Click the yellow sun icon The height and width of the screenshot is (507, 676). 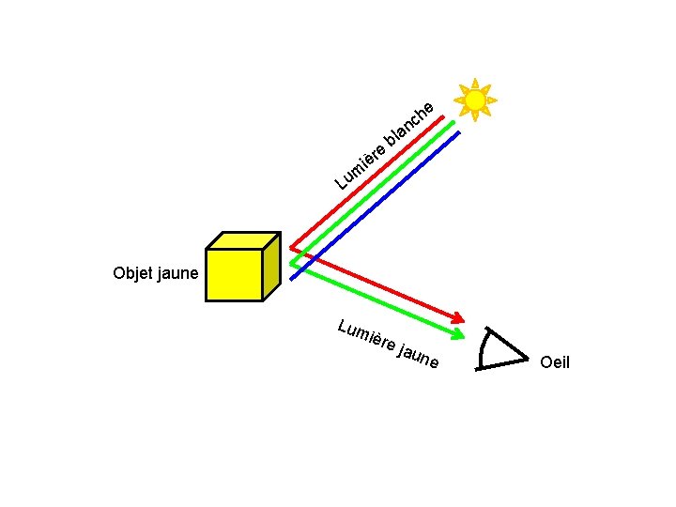(x=475, y=100)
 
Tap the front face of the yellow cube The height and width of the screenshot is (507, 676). (x=233, y=274)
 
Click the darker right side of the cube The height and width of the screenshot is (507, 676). (x=270, y=267)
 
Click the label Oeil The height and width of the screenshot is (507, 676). (x=555, y=362)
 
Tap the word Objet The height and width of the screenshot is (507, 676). (x=132, y=274)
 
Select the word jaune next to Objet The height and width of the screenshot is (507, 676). (x=177, y=274)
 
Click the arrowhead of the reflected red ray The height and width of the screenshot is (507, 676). (x=460, y=316)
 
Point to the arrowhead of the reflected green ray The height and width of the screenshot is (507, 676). (x=457, y=334)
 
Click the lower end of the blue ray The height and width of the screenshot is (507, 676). (x=294, y=277)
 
